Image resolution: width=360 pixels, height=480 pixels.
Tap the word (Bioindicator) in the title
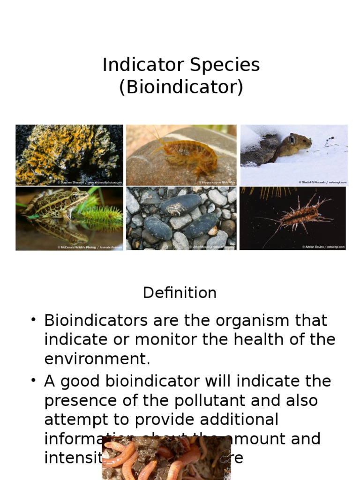(x=181, y=87)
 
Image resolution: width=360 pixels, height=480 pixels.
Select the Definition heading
(x=180, y=293)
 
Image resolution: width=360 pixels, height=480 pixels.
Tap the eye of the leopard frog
(x=75, y=197)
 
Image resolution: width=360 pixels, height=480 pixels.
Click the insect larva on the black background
(x=300, y=213)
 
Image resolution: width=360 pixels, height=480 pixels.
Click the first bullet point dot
(x=33, y=320)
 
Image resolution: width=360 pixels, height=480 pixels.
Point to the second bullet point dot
(x=33, y=380)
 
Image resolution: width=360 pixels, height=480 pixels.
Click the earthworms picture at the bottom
(x=166, y=458)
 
